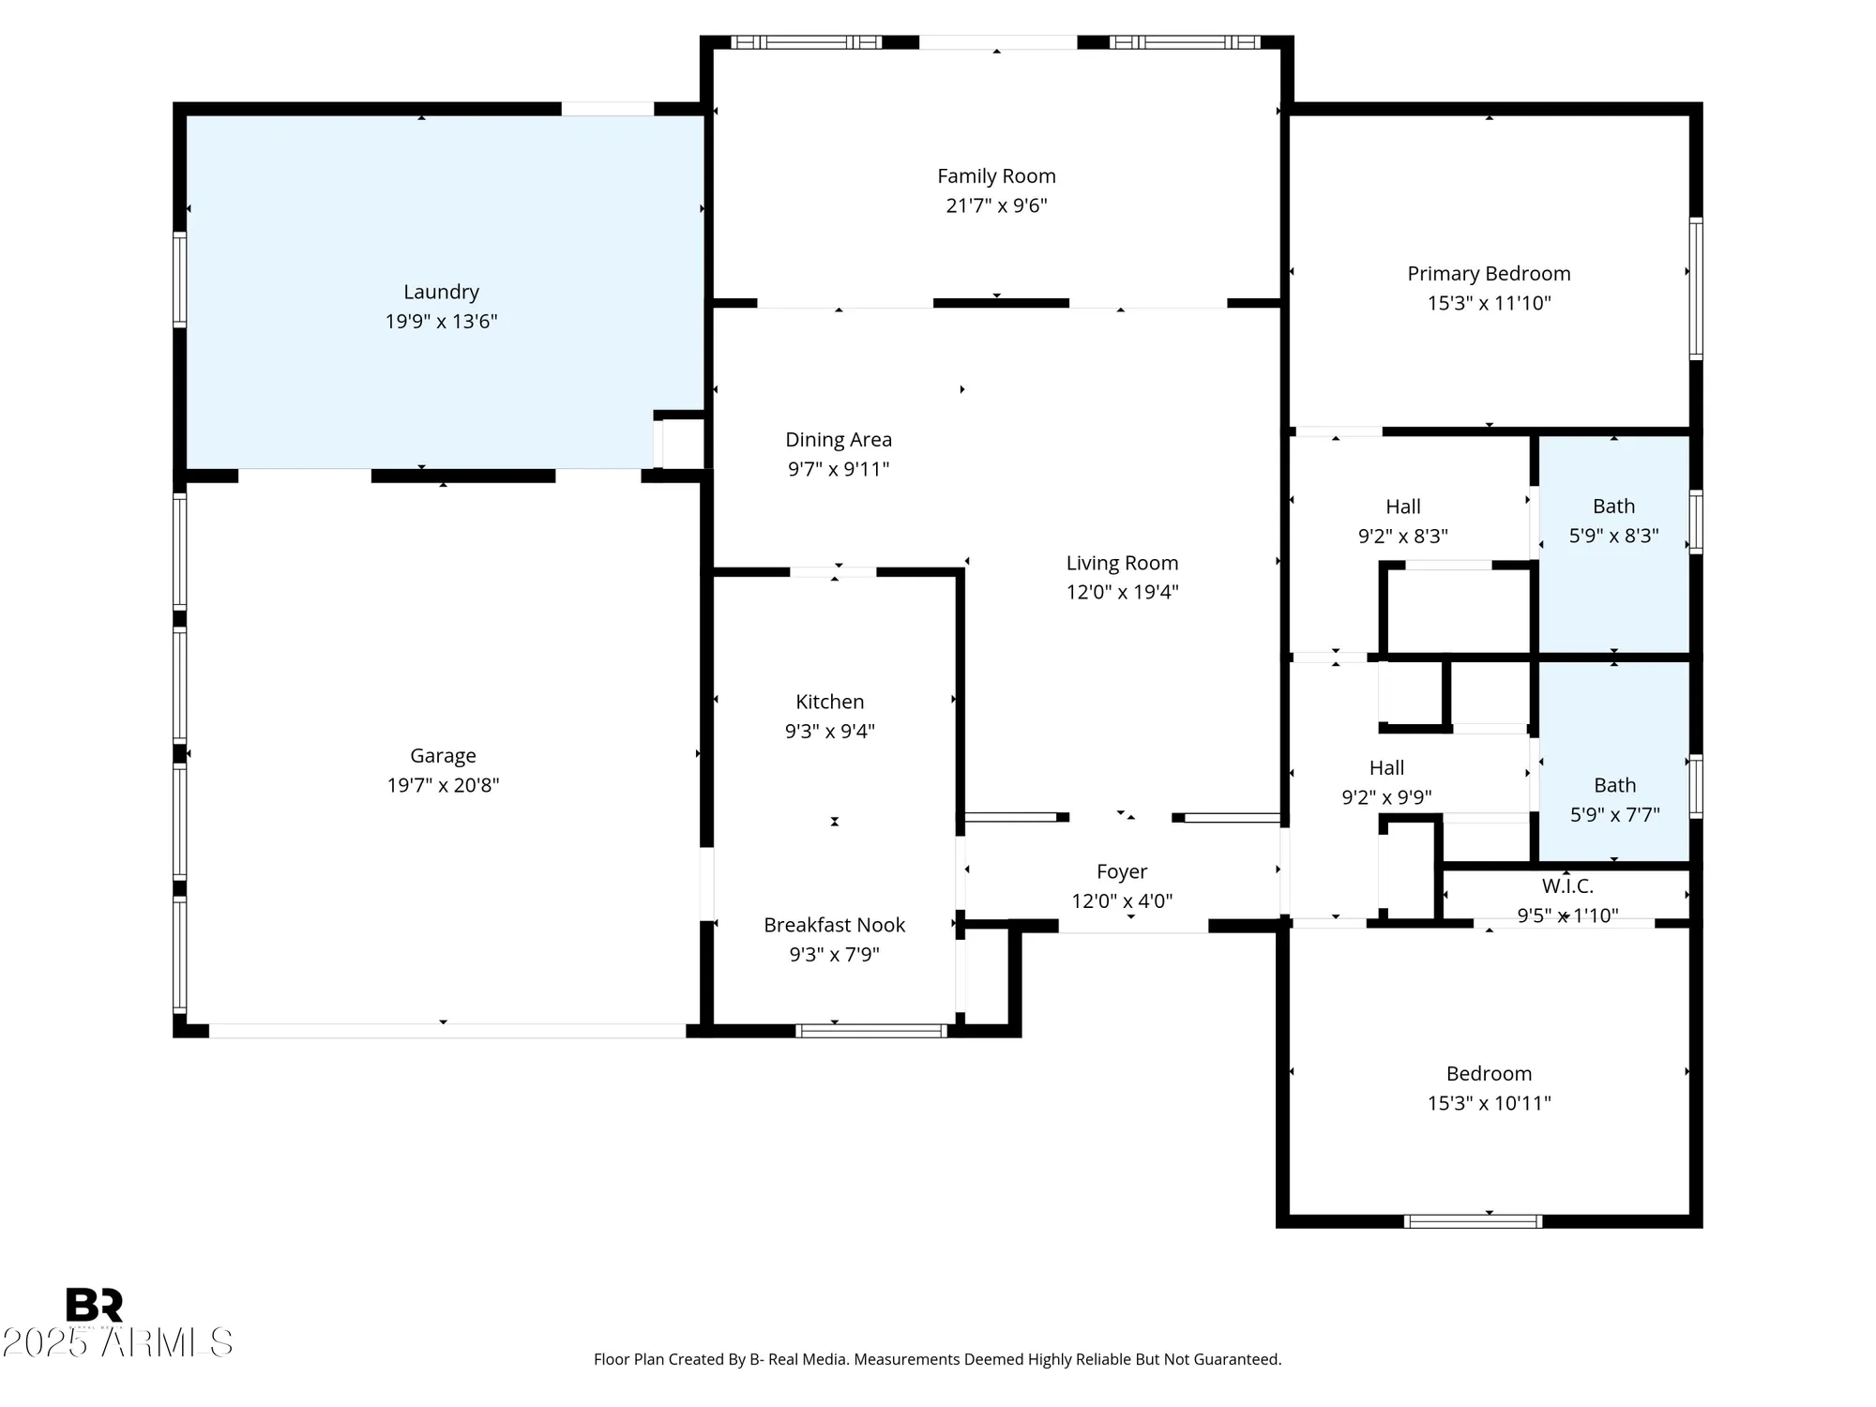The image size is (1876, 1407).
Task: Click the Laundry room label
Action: [441, 292]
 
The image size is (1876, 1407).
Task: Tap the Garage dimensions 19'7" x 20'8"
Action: [443, 785]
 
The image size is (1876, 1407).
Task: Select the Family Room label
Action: [996, 176]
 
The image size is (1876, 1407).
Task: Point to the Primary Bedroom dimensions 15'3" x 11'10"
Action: [1489, 303]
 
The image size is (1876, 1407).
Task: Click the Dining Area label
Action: [838, 440]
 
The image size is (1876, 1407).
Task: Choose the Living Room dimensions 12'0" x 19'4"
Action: [1122, 592]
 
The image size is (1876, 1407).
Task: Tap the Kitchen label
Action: [829, 702]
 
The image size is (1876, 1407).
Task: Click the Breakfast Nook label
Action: [834, 925]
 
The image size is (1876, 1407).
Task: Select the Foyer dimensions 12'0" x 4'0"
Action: [1122, 901]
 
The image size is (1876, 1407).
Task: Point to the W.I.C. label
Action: [1567, 885]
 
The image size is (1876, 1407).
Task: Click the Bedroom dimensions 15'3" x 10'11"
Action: [1489, 1103]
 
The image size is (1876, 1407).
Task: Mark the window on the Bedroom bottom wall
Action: [1473, 1221]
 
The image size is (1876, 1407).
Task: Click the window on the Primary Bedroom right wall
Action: [1696, 288]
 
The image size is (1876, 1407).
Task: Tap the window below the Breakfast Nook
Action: [871, 1031]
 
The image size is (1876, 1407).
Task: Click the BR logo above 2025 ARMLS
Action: [94, 1305]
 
